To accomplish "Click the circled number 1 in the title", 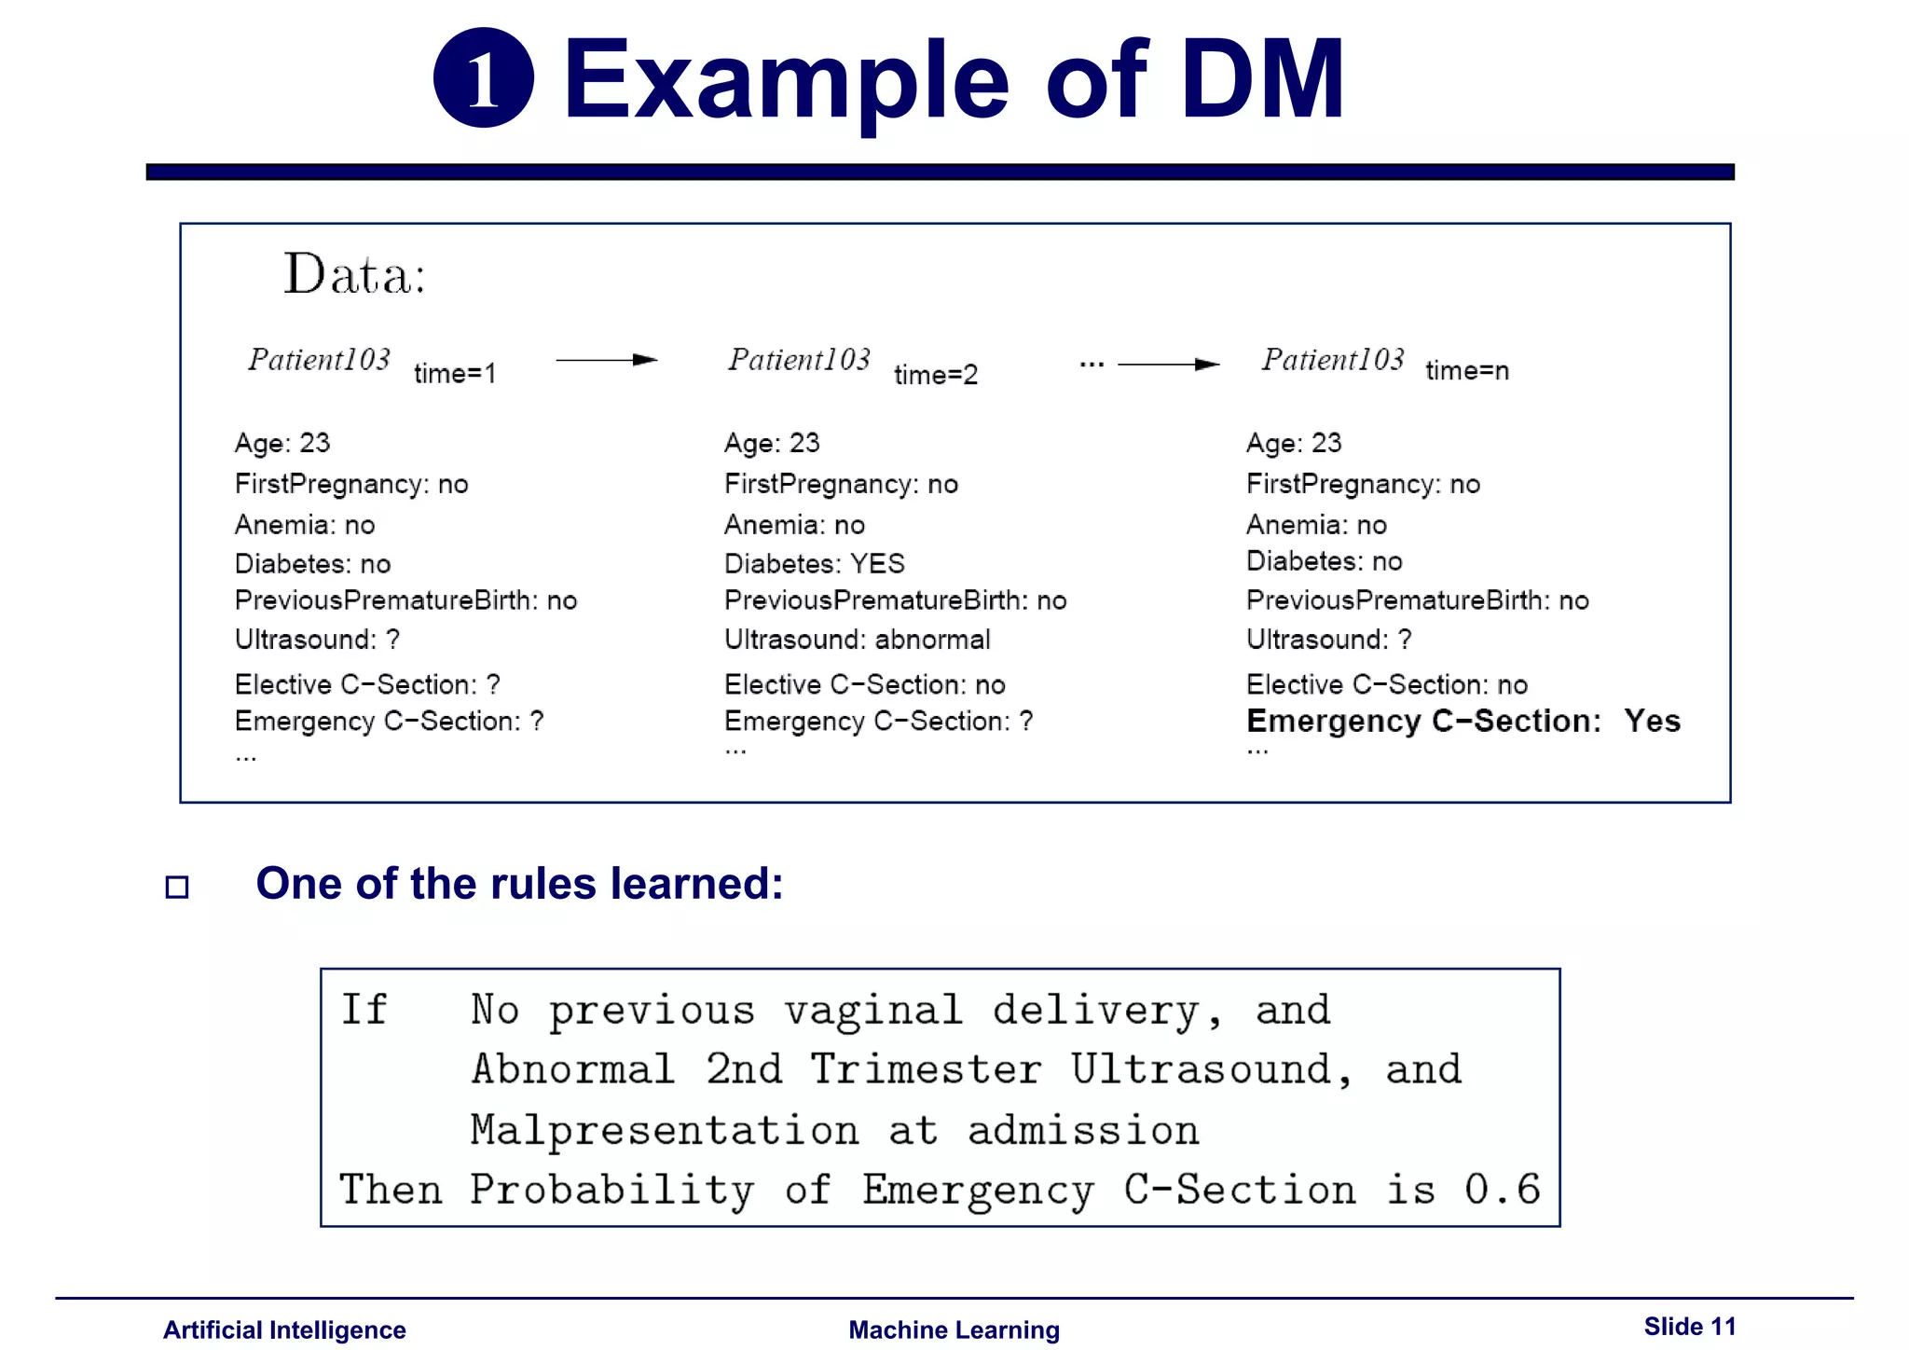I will tap(483, 78).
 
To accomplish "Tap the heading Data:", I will tap(354, 275).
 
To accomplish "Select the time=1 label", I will tap(455, 374).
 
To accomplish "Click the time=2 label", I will tap(936, 375).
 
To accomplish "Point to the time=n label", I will tap(1467, 371).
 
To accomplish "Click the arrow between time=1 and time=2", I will tap(607, 360).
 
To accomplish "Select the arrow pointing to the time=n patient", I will tap(1169, 365).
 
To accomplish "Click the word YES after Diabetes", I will tap(877, 564).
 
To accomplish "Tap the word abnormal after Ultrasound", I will tap(932, 640).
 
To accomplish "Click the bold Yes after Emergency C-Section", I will tap(1652, 721).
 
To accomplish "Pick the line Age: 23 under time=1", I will tap(282, 443).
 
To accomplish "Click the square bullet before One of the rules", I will tap(177, 887).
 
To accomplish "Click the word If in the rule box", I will tap(364, 1010).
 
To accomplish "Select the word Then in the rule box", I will tap(391, 1190).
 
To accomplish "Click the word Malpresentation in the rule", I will tap(664, 1130).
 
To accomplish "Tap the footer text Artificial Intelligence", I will tap(284, 1329).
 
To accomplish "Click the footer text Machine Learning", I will tap(954, 1329).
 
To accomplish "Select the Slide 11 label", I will tap(1689, 1327).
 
